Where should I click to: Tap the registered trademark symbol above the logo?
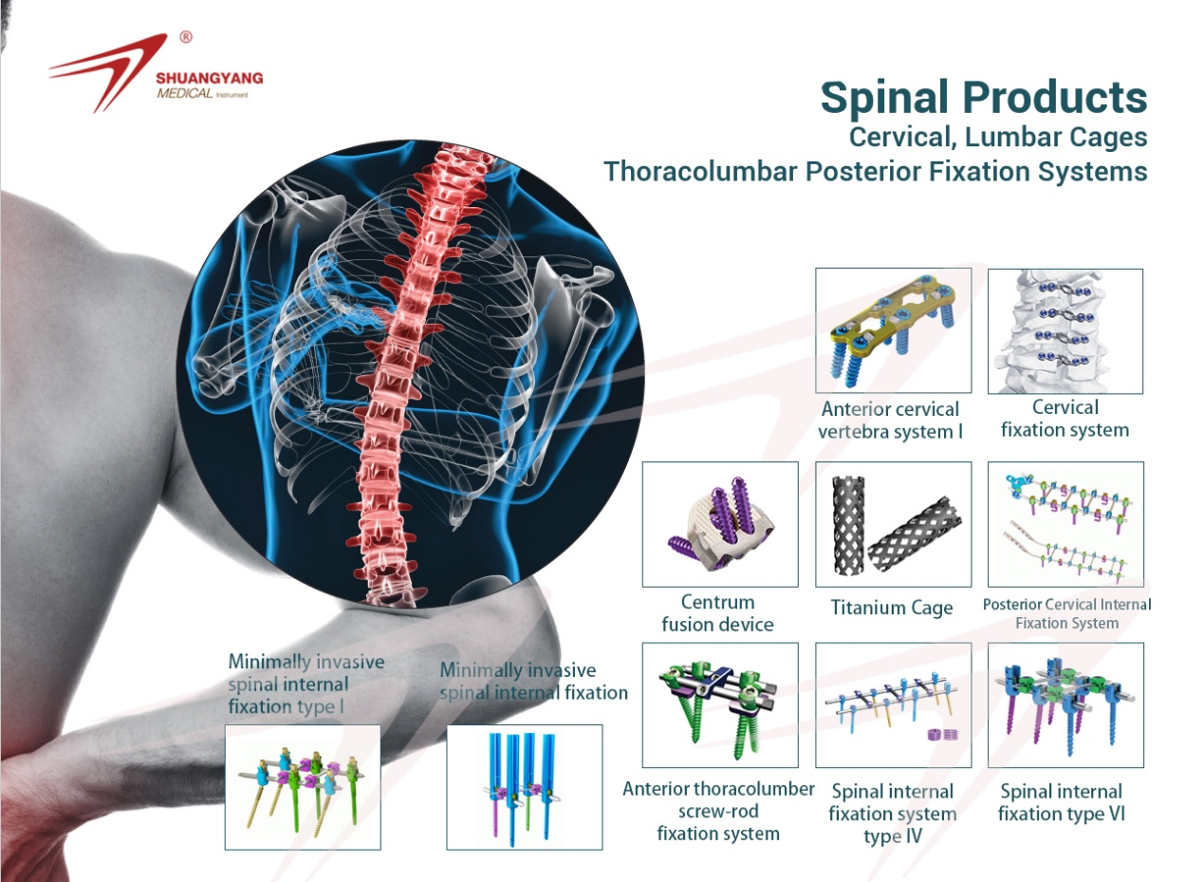[186, 38]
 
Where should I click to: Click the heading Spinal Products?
[983, 98]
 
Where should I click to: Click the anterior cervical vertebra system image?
[893, 330]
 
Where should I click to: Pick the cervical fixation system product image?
[1065, 330]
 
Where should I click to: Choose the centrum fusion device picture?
[719, 524]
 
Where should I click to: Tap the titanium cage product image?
[893, 524]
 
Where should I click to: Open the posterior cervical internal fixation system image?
[1065, 524]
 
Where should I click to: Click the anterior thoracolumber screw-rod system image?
[719, 704]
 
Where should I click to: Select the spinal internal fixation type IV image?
[893, 704]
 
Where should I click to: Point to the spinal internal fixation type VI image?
[1065, 704]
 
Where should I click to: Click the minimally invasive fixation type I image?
[302, 786]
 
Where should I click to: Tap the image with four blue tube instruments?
[524, 786]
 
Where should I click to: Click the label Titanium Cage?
[892, 608]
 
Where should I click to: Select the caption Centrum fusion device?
[718, 613]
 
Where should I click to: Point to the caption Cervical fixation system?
[1065, 419]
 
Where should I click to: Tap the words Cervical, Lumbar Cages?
[998, 137]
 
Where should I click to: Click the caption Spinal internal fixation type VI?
[1062, 802]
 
